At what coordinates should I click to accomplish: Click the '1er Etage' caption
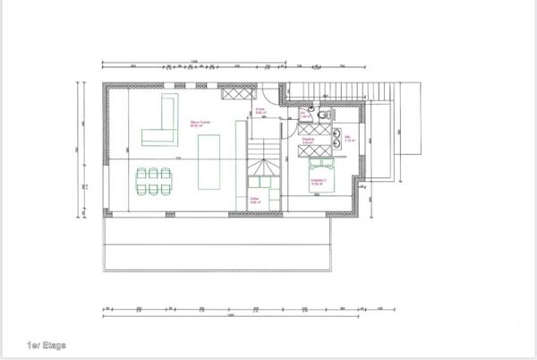pos(47,344)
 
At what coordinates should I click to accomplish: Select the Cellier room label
pos(255,201)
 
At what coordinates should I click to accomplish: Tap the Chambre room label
pos(319,182)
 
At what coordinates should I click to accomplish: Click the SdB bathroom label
pos(350,139)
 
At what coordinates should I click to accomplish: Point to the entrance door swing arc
pos(281,93)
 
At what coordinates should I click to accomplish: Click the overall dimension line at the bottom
pos(231,316)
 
